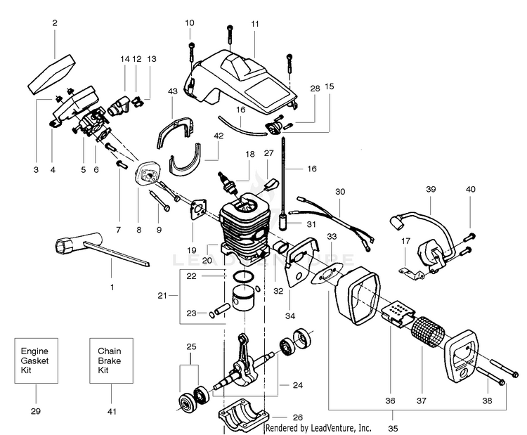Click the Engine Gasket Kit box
pos(37,360)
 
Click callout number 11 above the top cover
pos(254,23)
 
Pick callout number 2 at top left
pos(55,23)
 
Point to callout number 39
pos(431,189)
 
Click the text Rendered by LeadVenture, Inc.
pos(318,427)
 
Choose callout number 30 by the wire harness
pos(340,191)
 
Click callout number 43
pos(173,91)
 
